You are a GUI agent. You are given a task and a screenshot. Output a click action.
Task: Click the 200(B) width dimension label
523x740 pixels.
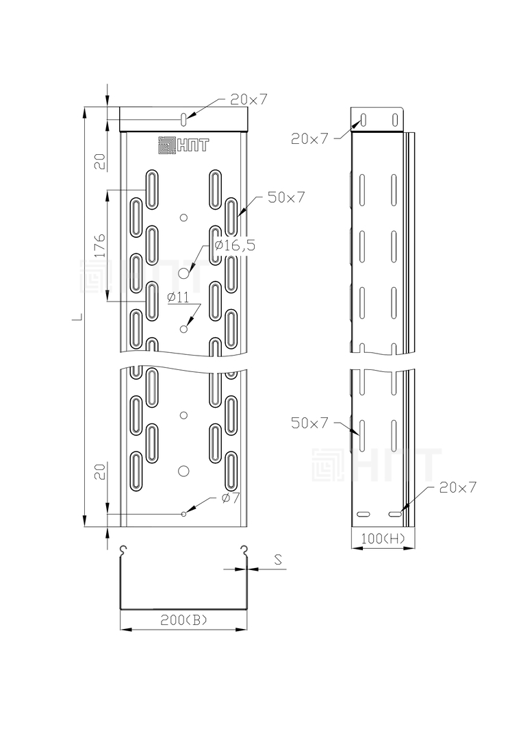[x=183, y=620]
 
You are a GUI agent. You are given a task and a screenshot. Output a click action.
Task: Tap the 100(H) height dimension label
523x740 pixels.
[x=383, y=538]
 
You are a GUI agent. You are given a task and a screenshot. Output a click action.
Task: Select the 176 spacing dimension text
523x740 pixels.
[x=100, y=245]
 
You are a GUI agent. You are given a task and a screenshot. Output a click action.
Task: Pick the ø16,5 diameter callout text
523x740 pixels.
[x=234, y=245]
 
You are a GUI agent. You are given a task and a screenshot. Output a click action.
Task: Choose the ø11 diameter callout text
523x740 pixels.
[x=178, y=297]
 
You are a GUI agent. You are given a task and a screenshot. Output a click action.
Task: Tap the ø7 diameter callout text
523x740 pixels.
[x=231, y=497]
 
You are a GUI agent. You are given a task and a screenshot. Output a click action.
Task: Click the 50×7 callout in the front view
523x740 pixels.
[x=286, y=197]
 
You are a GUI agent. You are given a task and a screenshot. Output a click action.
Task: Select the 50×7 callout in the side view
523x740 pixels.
[x=309, y=423]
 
